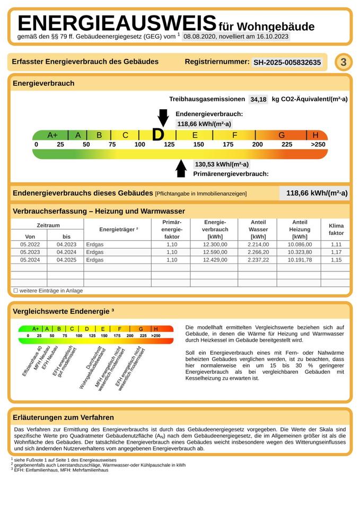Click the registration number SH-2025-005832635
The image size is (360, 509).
pyautogui.click(x=287, y=62)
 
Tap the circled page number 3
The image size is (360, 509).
pyautogui.click(x=343, y=62)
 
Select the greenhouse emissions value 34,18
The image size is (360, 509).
pyautogui.click(x=258, y=99)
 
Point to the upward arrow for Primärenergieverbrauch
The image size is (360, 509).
pyautogui.click(x=181, y=169)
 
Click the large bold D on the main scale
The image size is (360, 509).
pyautogui.click(x=158, y=135)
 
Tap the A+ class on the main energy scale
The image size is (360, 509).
pyautogui.click(x=52, y=135)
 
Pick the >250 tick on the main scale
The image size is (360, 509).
pyautogui.click(x=318, y=145)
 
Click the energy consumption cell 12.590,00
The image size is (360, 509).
pyautogui.click(x=215, y=252)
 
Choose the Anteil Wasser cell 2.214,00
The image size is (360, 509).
pyautogui.click(x=258, y=244)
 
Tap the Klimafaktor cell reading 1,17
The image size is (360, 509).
pyautogui.click(x=336, y=252)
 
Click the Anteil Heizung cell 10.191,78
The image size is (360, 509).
pyautogui.click(x=300, y=260)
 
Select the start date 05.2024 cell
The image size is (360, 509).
pyautogui.click(x=30, y=260)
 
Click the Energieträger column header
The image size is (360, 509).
pyautogui.click(x=118, y=230)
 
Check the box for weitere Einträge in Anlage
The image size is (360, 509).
pyautogui.click(x=15, y=291)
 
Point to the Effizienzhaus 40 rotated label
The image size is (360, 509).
pyautogui.click(x=32, y=361)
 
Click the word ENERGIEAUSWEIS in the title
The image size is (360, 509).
pyautogui.click(x=117, y=24)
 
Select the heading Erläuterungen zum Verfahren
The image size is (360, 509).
pyautogui.click(x=63, y=417)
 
